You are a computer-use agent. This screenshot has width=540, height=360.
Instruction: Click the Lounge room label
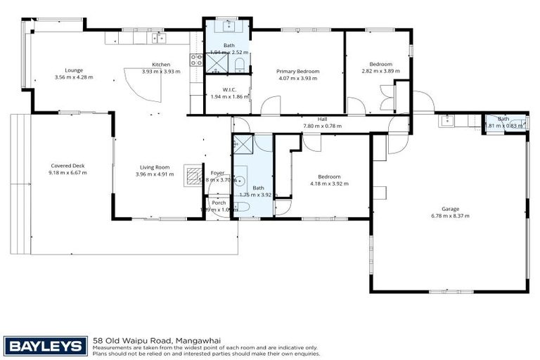[x=74, y=70]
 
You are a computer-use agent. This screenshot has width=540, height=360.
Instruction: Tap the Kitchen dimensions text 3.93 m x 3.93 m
[x=161, y=71]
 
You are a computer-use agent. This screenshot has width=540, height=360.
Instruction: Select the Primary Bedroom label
[x=297, y=71]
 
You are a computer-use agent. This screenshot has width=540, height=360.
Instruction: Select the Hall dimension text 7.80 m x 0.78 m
[x=322, y=126]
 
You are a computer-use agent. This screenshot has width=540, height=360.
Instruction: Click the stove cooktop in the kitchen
[x=196, y=62]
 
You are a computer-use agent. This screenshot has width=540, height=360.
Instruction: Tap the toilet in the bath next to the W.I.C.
[x=240, y=67]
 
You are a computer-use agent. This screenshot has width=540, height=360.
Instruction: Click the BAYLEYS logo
[x=46, y=346]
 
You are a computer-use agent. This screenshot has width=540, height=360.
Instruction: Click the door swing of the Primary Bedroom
[x=269, y=106]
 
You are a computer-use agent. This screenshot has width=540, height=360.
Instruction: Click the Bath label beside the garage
[x=503, y=119]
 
